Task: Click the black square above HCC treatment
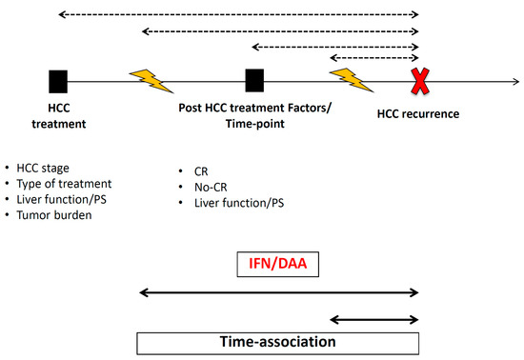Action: pyautogui.click(x=59, y=81)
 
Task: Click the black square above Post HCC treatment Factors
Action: pyautogui.click(x=254, y=81)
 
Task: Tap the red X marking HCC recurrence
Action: pyautogui.click(x=418, y=82)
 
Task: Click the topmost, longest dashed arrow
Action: pyautogui.click(x=238, y=15)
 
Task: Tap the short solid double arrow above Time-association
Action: pyautogui.click(x=374, y=320)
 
